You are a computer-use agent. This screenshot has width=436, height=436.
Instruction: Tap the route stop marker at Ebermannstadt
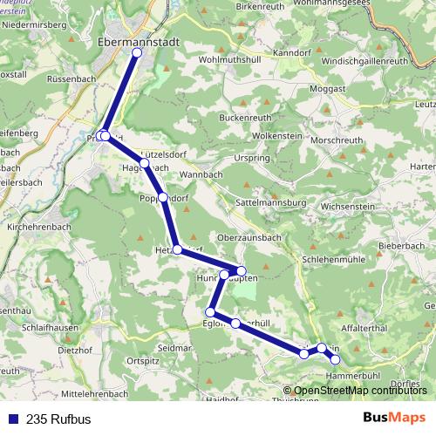tap(137, 53)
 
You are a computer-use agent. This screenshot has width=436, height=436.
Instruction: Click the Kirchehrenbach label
tap(37, 225)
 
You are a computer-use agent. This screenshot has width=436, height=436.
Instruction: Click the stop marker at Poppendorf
tap(163, 197)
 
